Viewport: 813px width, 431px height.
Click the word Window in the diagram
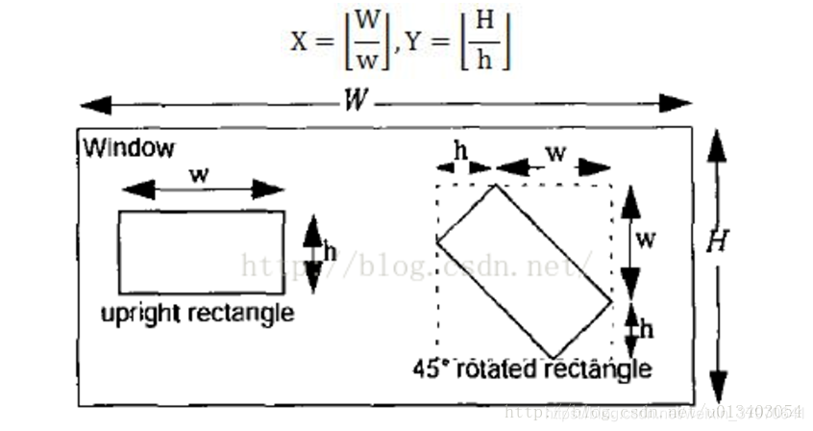(129, 148)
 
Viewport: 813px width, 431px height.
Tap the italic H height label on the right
(716, 242)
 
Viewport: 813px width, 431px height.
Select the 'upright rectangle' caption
(198, 314)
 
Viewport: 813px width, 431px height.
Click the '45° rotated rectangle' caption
(531, 368)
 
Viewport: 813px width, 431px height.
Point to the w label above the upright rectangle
(199, 175)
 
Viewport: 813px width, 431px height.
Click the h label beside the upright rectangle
(330, 252)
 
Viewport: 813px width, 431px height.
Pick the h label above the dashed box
(461, 151)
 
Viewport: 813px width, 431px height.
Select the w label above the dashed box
(555, 152)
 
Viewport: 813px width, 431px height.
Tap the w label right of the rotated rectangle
(647, 239)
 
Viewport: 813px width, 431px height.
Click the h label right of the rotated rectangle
(646, 328)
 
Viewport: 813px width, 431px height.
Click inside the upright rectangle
(201, 252)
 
